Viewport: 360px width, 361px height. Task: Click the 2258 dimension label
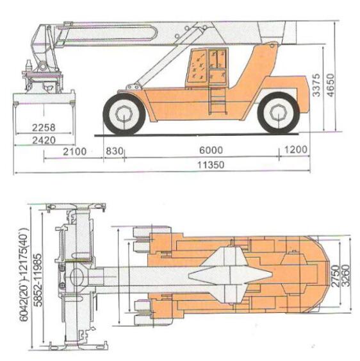(x=44, y=128)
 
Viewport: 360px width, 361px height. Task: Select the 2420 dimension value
(x=44, y=140)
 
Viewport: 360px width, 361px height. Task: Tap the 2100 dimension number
(x=75, y=151)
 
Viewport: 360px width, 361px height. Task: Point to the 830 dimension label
(x=114, y=151)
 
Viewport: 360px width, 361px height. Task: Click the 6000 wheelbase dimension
(x=211, y=150)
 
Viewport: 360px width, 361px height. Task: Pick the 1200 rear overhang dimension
(x=296, y=149)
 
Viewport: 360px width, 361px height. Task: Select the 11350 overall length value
(x=211, y=165)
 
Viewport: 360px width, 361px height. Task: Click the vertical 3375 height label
(x=316, y=85)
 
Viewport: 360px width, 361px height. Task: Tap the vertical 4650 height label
(x=331, y=85)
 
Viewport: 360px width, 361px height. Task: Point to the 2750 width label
(x=335, y=276)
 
